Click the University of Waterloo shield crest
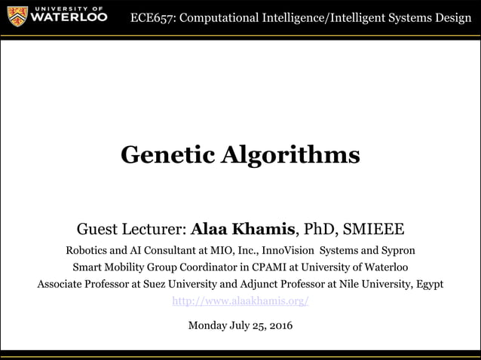[x=15, y=15]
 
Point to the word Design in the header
[x=451, y=18]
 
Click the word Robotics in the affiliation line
[x=88, y=249]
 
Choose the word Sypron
[x=397, y=249]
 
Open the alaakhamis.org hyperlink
[x=240, y=301]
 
